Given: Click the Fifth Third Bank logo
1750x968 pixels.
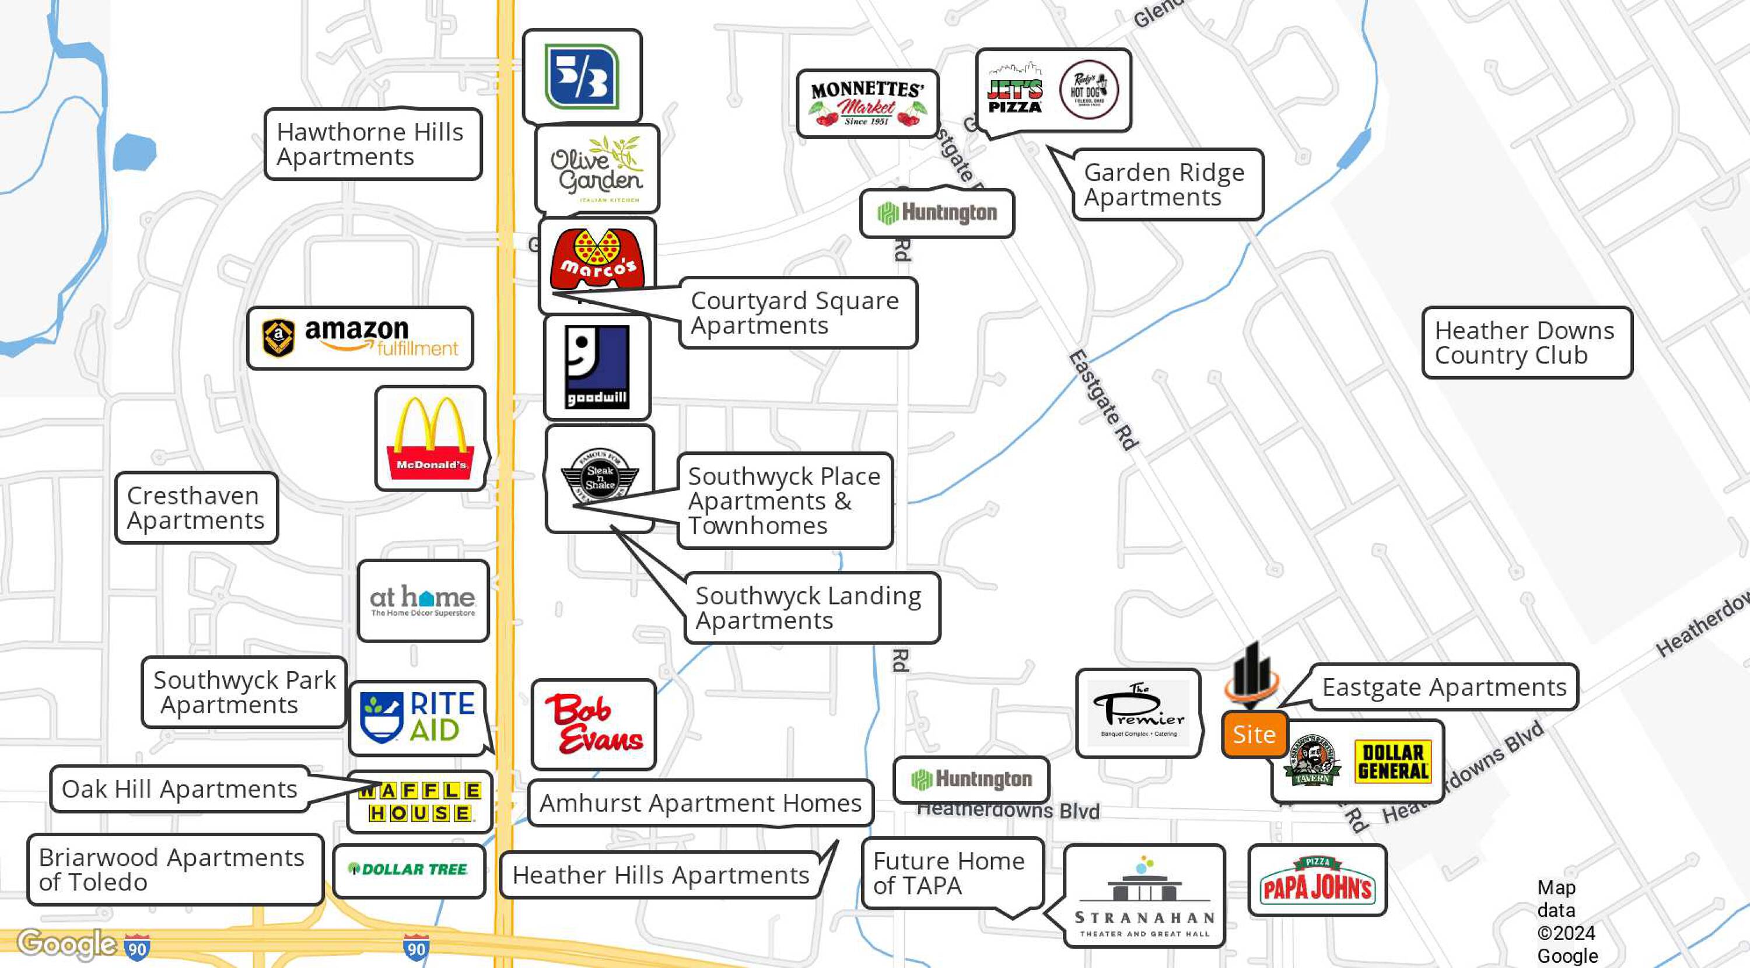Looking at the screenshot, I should point(582,77).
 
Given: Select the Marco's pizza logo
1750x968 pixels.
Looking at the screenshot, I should point(597,258).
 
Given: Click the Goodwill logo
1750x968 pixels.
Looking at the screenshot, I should point(597,367).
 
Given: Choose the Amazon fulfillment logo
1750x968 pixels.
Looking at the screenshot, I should point(360,338).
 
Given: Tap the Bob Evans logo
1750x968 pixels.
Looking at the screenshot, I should point(594,724).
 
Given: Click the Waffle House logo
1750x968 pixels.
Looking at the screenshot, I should point(420,802).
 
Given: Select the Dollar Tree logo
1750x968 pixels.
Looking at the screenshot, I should point(408,869).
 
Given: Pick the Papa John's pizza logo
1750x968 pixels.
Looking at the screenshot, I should point(1317,881).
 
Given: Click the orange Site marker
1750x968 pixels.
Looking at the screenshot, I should point(1254,734).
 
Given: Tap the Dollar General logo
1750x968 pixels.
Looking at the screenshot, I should point(1392,762).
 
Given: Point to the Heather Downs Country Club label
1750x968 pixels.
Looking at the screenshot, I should point(1526,342).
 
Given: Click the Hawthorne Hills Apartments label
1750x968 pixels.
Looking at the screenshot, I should point(372,144).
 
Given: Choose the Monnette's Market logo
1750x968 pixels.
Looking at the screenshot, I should point(867,103).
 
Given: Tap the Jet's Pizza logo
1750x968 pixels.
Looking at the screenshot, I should point(1015,90).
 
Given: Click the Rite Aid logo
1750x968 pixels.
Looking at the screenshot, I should point(417,717).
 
